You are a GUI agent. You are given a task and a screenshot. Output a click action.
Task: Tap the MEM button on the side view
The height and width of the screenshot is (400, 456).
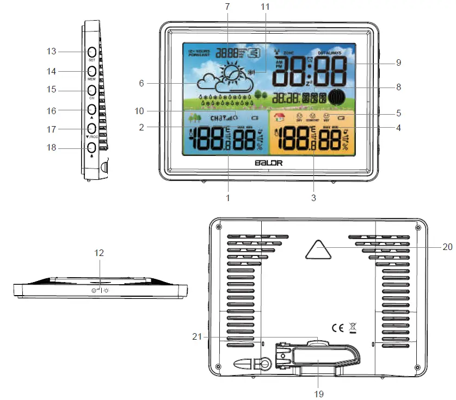(x=91, y=71)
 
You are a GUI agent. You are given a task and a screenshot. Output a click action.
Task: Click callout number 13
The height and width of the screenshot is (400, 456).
(x=52, y=51)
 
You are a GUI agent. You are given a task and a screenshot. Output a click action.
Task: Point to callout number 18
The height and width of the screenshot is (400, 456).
(x=52, y=148)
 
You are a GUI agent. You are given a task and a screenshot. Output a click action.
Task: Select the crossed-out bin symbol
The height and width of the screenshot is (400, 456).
(x=353, y=328)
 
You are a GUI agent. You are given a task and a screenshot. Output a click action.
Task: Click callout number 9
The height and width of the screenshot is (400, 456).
(x=398, y=62)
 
